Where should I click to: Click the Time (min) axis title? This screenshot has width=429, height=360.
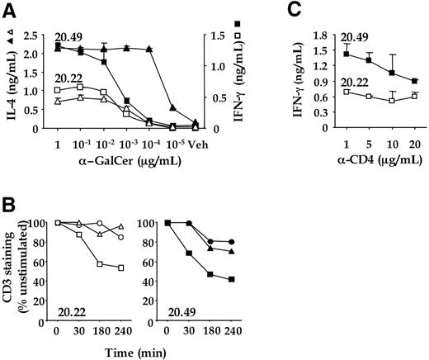127,349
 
